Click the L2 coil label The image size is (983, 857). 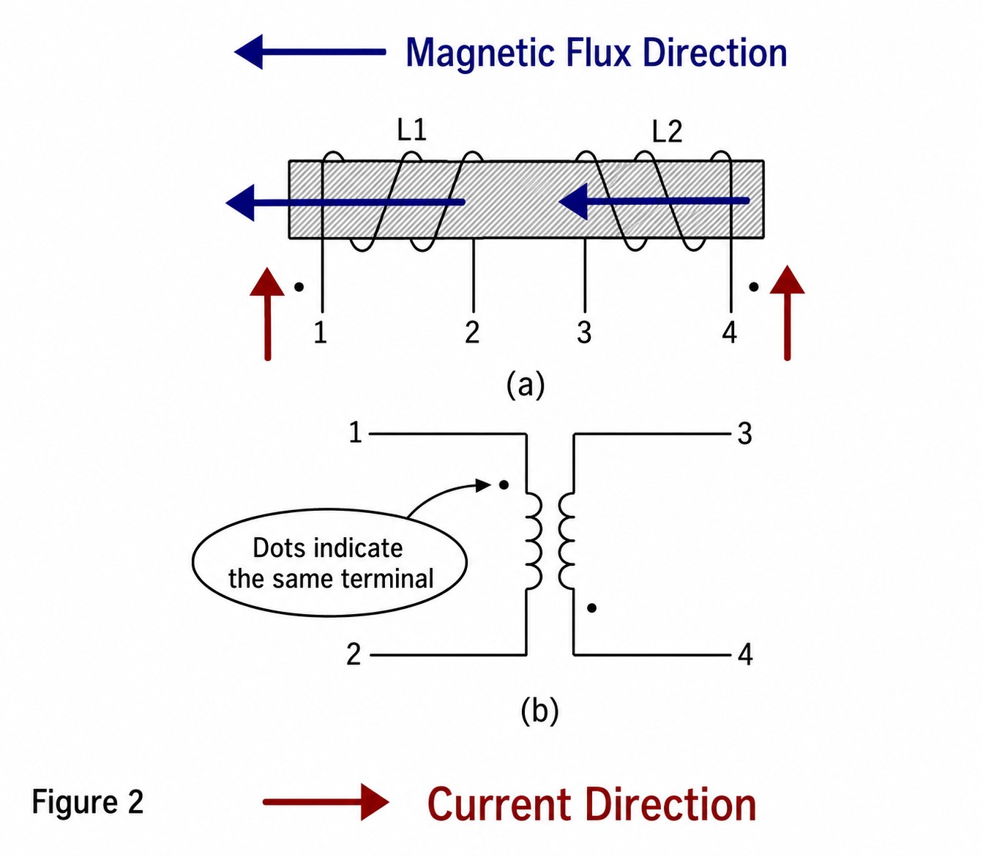(x=668, y=132)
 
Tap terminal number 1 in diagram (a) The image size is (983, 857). (x=321, y=332)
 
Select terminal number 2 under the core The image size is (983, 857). (x=472, y=332)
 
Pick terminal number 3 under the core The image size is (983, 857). (x=584, y=332)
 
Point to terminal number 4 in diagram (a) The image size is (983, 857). (x=729, y=332)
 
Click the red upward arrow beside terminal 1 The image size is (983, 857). (x=267, y=314)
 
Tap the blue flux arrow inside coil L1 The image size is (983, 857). (x=345, y=202)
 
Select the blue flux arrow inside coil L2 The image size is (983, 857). (x=654, y=201)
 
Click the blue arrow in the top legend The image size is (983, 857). (x=310, y=52)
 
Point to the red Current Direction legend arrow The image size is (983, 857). (x=326, y=802)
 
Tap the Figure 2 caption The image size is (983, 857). (x=87, y=802)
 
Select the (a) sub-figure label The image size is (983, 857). (x=526, y=385)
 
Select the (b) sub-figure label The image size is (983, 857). (x=539, y=711)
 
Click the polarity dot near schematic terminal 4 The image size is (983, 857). (x=592, y=608)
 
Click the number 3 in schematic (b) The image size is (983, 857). (x=744, y=433)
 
